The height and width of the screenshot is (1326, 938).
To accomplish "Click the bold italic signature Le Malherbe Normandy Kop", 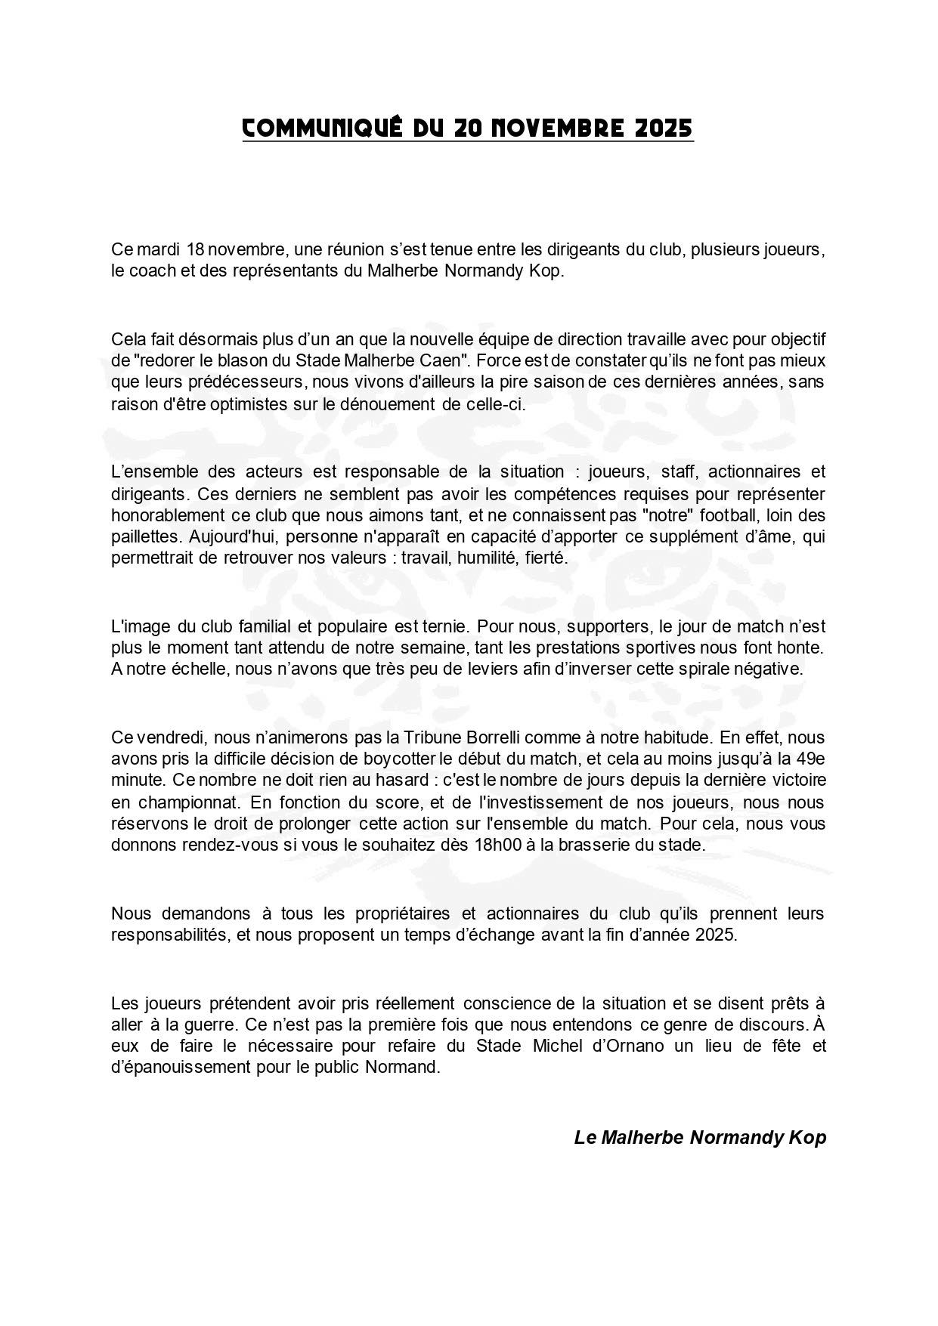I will point(700,1137).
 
